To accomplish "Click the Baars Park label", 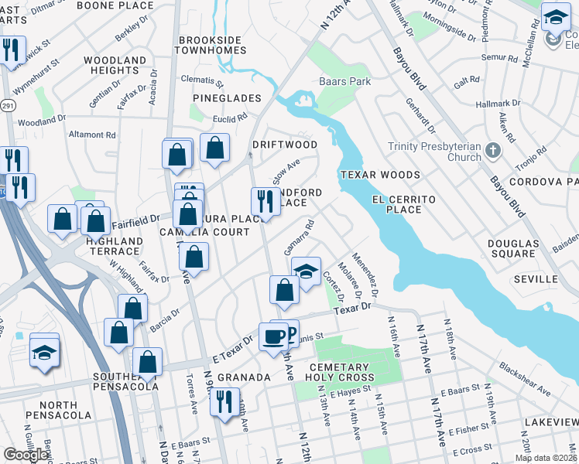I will click(345, 81).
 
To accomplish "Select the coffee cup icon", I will click(273, 337).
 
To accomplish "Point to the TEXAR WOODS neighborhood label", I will click(379, 175).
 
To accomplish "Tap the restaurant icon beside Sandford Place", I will click(266, 202).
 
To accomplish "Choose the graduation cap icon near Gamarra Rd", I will click(307, 271).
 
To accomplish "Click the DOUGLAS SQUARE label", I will click(512, 247).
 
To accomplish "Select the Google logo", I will click(26, 455).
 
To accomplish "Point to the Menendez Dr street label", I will click(365, 275).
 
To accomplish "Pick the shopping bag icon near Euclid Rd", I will click(214, 147).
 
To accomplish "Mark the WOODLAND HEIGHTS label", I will click(114, 65).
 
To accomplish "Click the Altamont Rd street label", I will click(92, 135).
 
